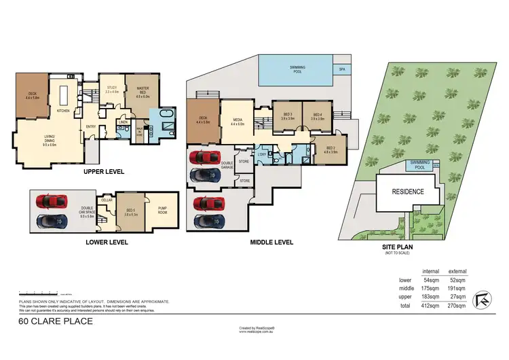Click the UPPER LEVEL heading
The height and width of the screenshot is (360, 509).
click(x=104, y=172)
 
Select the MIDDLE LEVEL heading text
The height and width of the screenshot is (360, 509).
click(x=271, y=241)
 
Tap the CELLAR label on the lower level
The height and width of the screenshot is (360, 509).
click(x=106, y=200)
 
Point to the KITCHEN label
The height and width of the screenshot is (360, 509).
click(x=63, y=110)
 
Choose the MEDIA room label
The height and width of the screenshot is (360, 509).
click(x=237, y=120)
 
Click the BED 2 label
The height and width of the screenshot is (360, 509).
click(x=331, y=149)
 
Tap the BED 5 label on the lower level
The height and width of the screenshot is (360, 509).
click(x=130, y=210)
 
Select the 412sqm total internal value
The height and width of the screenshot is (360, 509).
click(x=432, y=306)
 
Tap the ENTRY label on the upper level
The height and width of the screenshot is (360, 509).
click(x=90, y=126)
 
